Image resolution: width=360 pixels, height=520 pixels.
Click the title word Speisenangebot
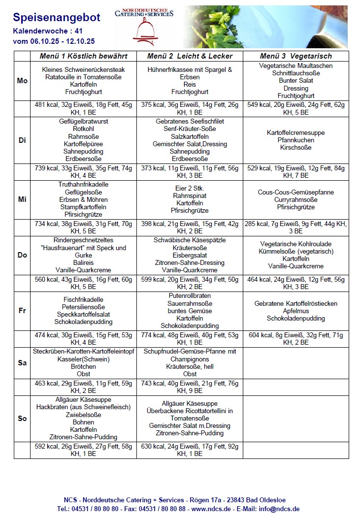tap(56, 18)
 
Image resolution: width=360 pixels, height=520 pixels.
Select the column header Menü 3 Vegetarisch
tap(295, 56)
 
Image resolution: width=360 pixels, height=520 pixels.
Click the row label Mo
tap(22, 81)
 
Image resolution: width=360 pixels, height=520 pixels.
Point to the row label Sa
tap(22, 363)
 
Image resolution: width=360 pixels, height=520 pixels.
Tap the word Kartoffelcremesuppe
tap(295, 133)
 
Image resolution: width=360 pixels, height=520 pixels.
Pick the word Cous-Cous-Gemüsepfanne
tap(295, 193)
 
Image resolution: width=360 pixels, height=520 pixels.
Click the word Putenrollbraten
tap(190, 295)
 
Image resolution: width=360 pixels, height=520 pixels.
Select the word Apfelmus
tap(295, 311)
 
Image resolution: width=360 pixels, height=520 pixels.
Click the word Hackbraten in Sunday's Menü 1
tap(51, 407)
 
